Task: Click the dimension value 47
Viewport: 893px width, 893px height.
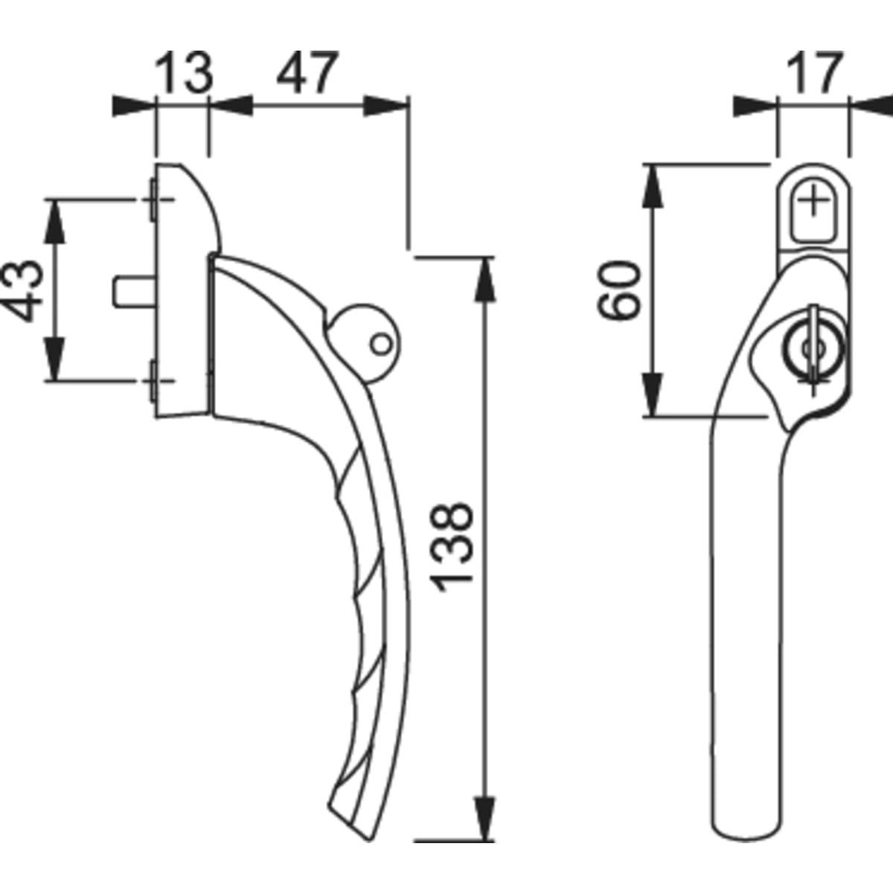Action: tap(307, 73)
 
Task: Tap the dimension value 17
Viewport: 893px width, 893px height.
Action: tap(813, 73)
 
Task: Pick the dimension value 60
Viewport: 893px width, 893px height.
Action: tap(621, 290)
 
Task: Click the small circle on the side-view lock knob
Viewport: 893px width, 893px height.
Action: tap(380, 344)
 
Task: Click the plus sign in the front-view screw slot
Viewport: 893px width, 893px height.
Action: tap(816, 201)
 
